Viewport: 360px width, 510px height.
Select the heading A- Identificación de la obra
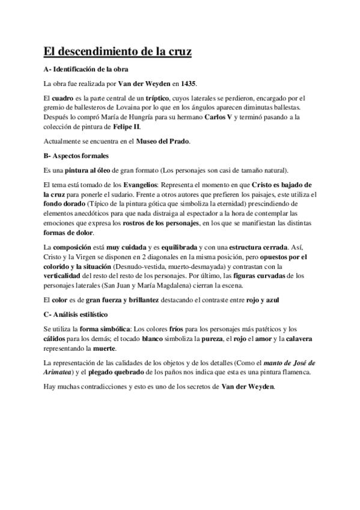tap(86, 69)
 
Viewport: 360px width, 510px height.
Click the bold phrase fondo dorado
tap(63, 204)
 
